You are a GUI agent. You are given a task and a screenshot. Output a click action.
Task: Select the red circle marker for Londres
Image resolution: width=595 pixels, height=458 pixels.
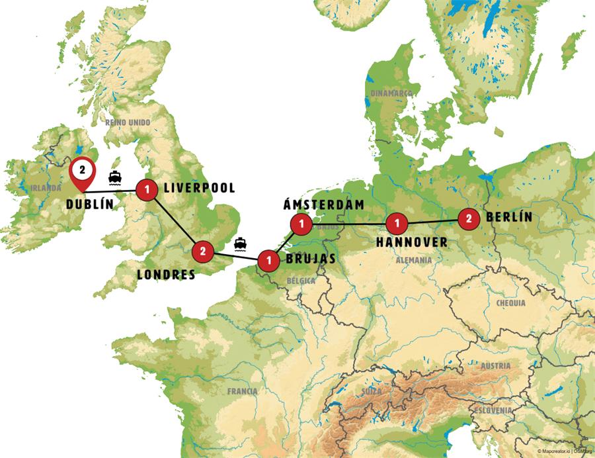tap(202, 251)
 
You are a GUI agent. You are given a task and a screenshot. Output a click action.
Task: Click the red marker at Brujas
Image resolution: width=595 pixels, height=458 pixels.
tap(267, 259)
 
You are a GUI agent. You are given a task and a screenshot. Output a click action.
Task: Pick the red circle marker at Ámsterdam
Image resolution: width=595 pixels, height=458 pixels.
tap(301, 224)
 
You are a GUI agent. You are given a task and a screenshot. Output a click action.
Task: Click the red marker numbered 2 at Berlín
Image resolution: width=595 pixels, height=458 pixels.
tap(468, 218)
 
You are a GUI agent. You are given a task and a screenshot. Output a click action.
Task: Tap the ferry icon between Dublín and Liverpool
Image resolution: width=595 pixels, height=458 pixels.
tap(114, 178)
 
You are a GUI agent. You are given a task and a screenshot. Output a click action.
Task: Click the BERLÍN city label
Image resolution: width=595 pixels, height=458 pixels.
tap(508, 217)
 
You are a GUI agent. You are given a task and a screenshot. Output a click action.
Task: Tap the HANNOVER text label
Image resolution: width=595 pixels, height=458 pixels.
tap(411, 242)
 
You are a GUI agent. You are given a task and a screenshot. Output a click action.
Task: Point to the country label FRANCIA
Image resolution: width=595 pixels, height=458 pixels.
tap(242, 391)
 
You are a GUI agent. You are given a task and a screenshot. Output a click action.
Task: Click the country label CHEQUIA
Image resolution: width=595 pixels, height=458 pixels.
tap(510, 303)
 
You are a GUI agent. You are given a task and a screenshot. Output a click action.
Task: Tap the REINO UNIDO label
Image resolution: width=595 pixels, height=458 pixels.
tap(128, 122)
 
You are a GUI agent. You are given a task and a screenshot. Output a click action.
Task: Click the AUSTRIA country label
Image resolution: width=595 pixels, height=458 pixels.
tap(495, 365)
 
